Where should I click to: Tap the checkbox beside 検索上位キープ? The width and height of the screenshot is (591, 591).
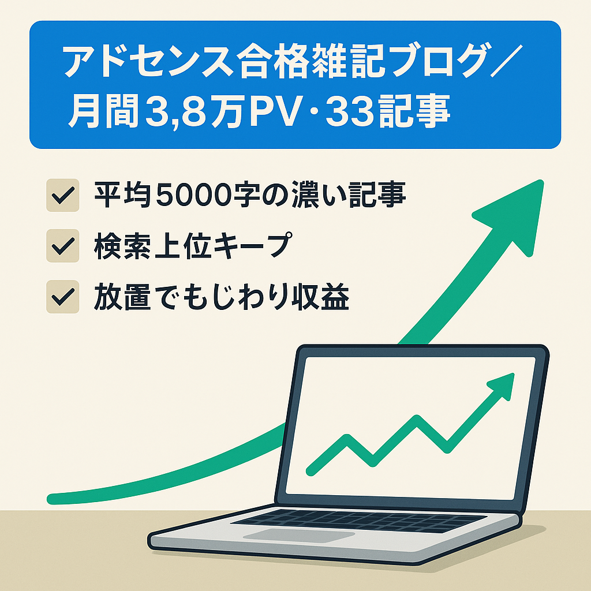pyautogui.click(x=62, y=247)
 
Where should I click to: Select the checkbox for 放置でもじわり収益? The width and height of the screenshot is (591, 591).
pyautogui.click(x=62, y=298)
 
